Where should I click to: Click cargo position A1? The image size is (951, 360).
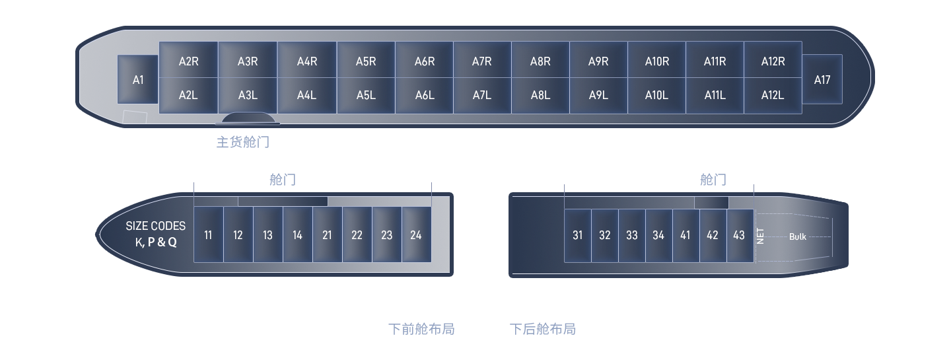point(137,79)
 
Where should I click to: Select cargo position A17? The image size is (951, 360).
point(822,79)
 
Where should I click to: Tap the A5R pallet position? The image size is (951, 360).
point(365,61)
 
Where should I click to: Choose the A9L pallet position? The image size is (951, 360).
point(598,95)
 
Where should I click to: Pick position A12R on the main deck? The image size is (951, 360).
point(773,61)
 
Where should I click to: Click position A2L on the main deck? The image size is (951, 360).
point(188,95)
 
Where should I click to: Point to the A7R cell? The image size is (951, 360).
point(481,61)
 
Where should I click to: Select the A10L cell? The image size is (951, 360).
point(656,95)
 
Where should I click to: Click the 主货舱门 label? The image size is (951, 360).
point(242,141)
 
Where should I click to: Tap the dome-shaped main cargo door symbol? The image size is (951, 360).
point(248,118)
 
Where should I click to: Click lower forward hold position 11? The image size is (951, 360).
point(208,234)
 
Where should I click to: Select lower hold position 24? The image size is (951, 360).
point(416,234)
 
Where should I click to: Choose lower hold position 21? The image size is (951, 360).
point(327,234)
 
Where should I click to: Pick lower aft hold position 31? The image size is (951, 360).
point(578,234)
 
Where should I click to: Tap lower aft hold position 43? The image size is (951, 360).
point(739,234)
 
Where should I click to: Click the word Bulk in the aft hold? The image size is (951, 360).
point(797,236)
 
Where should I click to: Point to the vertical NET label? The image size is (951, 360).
point(760,236)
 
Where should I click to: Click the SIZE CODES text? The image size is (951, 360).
point(156,226)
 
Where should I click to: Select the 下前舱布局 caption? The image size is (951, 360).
point(421,329)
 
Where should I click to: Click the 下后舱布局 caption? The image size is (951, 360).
point(543,329)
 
